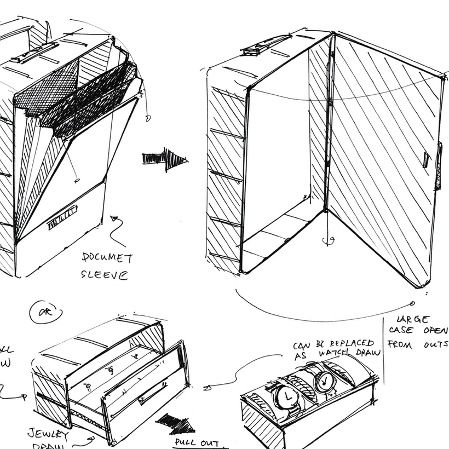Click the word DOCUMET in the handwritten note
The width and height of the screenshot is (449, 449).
107,258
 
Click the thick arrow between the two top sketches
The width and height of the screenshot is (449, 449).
165,159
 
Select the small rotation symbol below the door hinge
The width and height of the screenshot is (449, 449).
327,240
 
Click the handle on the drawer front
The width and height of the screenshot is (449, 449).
153,393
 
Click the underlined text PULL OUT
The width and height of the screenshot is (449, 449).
197,443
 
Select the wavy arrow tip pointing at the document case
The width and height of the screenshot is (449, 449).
115,219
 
